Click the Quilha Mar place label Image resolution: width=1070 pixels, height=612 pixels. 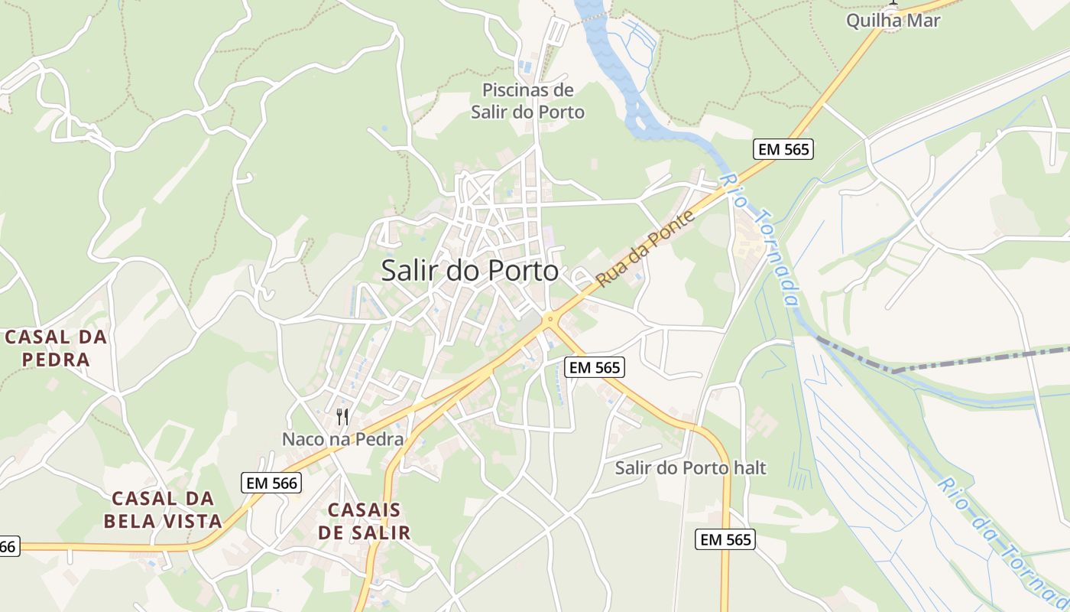[893, 21]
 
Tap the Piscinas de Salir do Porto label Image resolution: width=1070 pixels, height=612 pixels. [527, 101]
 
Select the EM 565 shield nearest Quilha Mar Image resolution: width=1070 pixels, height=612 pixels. [783, 149]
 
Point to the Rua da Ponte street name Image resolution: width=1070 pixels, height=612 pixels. [646, 249]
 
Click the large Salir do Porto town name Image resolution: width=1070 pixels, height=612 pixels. [469, 271]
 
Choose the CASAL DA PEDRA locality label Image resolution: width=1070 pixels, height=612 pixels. [56, 348]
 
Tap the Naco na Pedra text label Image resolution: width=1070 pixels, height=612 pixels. [342, 439]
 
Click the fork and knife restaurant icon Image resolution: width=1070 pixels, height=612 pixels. [342, 416]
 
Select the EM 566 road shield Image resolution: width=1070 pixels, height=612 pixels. [271, 483]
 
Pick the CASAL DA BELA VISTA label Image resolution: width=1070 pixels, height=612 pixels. [167, 510]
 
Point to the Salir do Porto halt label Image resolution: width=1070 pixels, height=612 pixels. [690, 467]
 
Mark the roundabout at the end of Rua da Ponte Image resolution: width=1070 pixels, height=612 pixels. [549, 320]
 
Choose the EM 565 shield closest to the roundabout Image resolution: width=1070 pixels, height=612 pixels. [595, 368]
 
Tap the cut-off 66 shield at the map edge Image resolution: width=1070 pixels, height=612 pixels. [8, 546]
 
